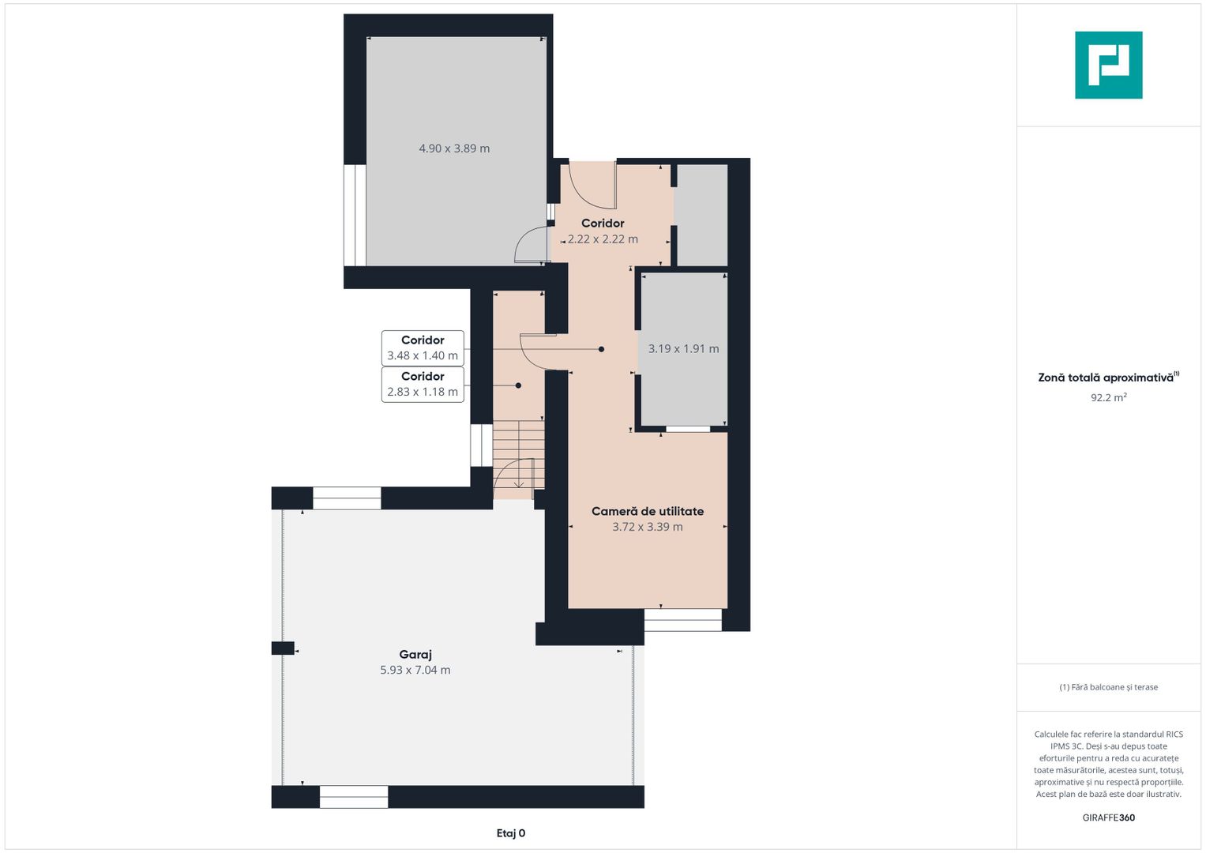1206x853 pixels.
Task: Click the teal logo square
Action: coord(1109,65)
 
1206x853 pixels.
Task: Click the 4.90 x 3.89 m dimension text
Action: coord(454,148)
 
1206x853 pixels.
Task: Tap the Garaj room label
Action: coord(415,654)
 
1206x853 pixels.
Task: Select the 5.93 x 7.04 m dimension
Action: coord(415,670)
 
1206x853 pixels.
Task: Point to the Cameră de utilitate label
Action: coord(648,511)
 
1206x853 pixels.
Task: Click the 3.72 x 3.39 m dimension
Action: coord(648,527)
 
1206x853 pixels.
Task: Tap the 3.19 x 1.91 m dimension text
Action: coord(684,348)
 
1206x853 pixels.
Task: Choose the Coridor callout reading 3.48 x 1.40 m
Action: coord(423,348)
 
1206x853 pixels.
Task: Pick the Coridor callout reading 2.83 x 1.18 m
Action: coord(423,384)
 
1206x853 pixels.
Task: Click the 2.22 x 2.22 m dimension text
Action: coord(603,239)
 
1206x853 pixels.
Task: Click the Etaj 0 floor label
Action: coord(511,833)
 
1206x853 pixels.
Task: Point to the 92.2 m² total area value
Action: coord(1109,397)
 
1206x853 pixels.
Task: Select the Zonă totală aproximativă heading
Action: coord(1109,378)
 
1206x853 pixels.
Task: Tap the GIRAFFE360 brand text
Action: coord(1109,817)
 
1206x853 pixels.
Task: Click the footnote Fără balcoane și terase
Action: coord(1109,687)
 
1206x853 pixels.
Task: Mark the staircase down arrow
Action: coord(518,474)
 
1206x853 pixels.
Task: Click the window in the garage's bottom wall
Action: coord(354,797)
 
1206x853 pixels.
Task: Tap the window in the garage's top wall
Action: coord(347,498)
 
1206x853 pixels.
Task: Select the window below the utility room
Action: coord(682,620)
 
